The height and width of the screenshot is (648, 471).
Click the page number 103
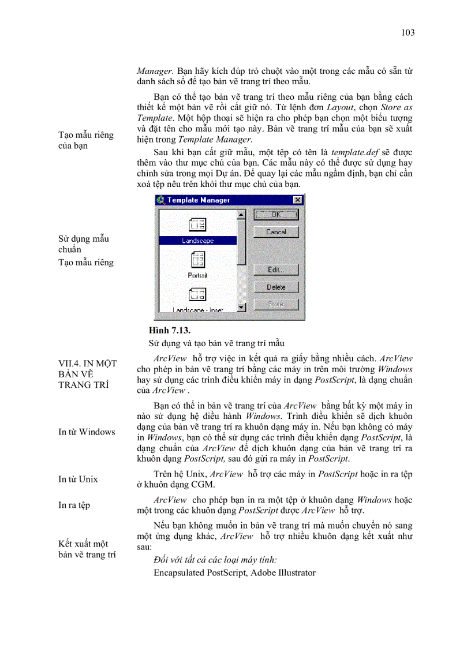pyautogui.click(x=408, y=32)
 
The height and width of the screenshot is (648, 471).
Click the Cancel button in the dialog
pyautogui.click(x=276, y=232)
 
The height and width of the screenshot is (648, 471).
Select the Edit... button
pyautogui.click(x=276, y=269)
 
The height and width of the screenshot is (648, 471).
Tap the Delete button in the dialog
pyautogui.click(x=276, y=287)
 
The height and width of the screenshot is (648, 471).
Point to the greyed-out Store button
pyautogui.click(x=276, y=304)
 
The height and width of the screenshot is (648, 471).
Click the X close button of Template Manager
pyautogui.click(x=297, y=200)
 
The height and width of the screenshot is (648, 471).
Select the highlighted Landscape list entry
pyautogui.click(x=197, y=241)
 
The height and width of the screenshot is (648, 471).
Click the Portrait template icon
pyautogui.click(x=197, y=259)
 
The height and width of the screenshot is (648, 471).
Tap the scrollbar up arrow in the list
pyautogui.click(x=241, y=215)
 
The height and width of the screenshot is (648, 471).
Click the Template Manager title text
pyautogui.click(x=199, y=200)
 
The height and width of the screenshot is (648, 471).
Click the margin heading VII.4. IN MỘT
pyautogui.click(x=87, y=364)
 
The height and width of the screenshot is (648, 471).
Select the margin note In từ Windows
pyautogui.click(x=87, y=432)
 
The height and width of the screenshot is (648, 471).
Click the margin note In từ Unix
pyautogui.click(x=78, y=479)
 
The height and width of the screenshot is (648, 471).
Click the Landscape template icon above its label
pyautogui.click(x=197, y=225)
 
